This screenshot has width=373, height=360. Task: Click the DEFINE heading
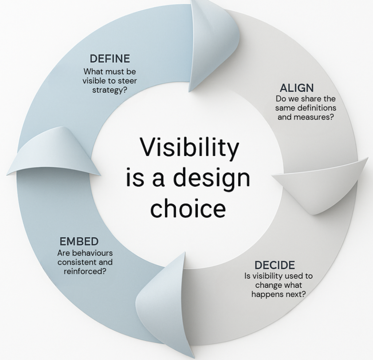(110, 59)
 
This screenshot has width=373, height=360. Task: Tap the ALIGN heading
(297, 88)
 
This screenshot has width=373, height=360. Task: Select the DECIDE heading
(275, 265)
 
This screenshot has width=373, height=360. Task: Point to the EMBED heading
(79, 241)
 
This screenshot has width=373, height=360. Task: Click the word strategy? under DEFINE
(110, 90)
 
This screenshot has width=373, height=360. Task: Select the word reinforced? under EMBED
(85, 271)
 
